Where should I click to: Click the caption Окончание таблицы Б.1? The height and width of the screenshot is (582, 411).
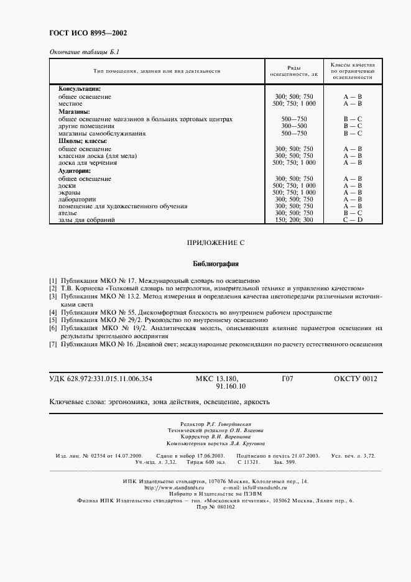click(x=84, y=52)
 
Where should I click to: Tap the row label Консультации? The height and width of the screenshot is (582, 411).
click(x=79, y=89)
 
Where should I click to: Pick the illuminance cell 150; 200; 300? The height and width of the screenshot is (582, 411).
click(x=294, y=219)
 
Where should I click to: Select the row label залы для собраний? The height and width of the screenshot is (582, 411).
click(x=86, y=219)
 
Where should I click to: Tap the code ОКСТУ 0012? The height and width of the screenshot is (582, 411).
click(x=355, y=379)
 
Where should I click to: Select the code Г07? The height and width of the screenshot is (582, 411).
click(x=287, y=379)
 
